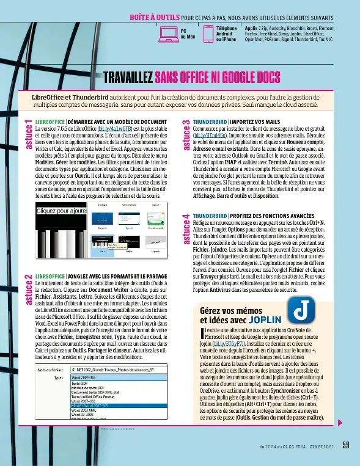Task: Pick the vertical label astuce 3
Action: (x=186, y=136)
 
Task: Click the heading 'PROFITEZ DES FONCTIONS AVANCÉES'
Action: (x=262, y=198)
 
